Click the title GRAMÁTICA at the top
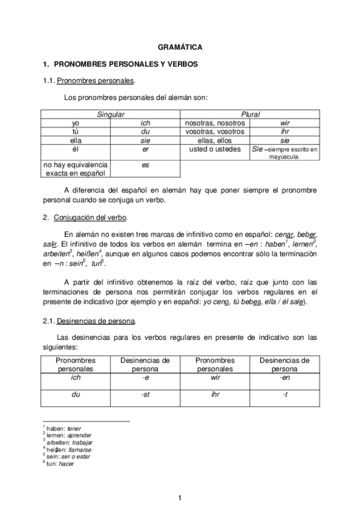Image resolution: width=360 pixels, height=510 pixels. click(x=180, y=46)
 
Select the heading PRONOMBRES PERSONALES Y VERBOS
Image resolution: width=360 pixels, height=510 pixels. click(x=126, y=63)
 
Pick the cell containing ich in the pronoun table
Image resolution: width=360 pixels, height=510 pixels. click(x=145, y=123)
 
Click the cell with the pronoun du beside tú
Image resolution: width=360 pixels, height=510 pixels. click(x=145, y=131)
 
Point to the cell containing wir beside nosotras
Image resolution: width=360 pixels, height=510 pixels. click(x=285, y=123)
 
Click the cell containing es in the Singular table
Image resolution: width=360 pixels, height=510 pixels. click(x=145, y=164)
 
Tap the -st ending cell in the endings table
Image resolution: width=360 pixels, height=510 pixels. click(x=145, y=395)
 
